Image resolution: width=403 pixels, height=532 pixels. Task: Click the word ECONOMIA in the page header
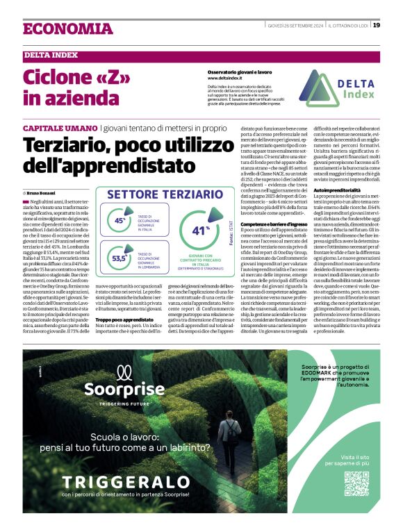point(67,29)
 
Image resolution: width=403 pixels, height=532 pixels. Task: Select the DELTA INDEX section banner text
point(49,56)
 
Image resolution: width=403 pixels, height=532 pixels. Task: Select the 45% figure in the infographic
point(120,221)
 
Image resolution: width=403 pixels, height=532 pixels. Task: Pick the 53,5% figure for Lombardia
point(120,258)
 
